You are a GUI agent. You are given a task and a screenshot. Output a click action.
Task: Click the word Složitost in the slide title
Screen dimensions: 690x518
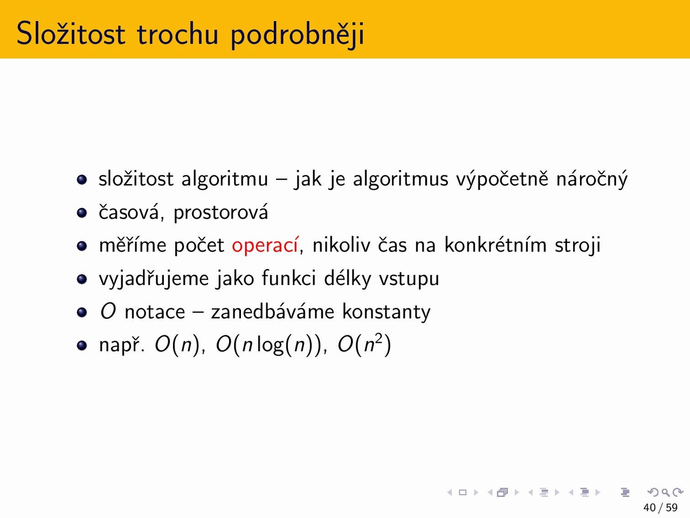pos(71,33)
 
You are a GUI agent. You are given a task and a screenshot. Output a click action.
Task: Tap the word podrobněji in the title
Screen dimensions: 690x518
pos(298,35)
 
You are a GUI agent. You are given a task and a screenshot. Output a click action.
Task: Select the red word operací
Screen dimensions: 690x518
pos(265,246)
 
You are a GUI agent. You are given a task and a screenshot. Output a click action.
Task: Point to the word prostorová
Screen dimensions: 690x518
pos(220,213)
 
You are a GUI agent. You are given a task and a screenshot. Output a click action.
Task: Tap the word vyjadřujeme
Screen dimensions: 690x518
pos(154,278)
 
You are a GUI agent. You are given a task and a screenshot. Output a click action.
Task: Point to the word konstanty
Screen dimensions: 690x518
pos(387,312)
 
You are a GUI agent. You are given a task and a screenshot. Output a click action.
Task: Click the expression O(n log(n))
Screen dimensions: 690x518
pos(270,345)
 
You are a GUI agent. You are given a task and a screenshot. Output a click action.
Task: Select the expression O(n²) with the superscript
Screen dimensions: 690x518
pos(364,344)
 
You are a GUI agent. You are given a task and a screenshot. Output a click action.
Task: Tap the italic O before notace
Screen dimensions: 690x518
pos(108,312)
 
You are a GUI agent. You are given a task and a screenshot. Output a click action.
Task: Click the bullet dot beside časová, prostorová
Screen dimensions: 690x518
pos(82,213)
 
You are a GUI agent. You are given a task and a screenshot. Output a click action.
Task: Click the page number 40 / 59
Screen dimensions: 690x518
pos(660,508)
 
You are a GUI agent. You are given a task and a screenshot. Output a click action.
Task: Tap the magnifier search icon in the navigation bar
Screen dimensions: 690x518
pos(665,492)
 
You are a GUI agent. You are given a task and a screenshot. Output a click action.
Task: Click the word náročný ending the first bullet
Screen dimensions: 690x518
pos(592,180)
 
